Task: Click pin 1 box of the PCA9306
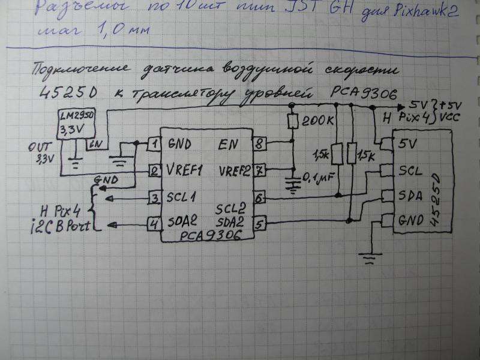tap(154, 144)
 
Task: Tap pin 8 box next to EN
tap(259, 144)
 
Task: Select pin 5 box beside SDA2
tap(259, 224)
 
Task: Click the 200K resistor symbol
tap(293, 122)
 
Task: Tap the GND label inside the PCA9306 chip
tap(181, 144)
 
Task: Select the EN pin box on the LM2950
tap(94, 144)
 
